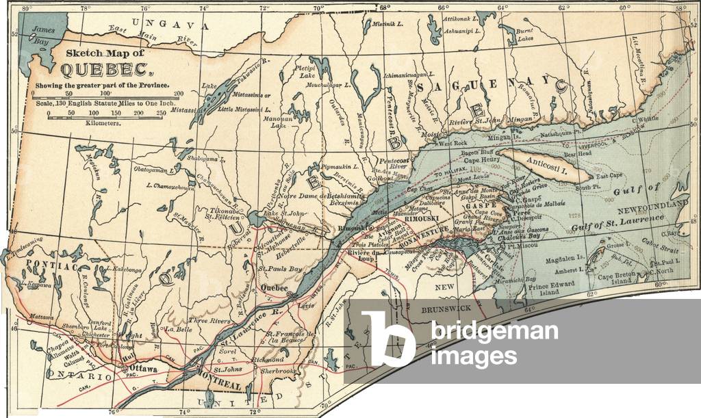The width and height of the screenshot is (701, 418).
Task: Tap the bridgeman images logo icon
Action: pos(387,339)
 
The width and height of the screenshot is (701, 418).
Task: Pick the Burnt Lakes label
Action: pos(525,35)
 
